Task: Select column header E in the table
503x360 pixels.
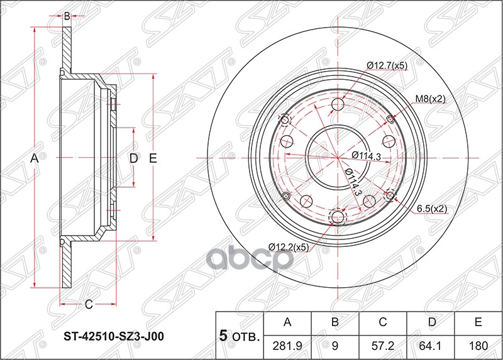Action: coord(478,323)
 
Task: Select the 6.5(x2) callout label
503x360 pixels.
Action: coord(431,209)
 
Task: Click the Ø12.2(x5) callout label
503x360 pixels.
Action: coord(289,247)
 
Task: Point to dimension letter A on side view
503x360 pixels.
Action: coord(35,160)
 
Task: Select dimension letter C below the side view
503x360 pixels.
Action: coord(89,305)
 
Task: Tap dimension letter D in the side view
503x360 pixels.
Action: coord(133,159)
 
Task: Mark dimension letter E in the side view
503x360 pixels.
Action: coord(153,159)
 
